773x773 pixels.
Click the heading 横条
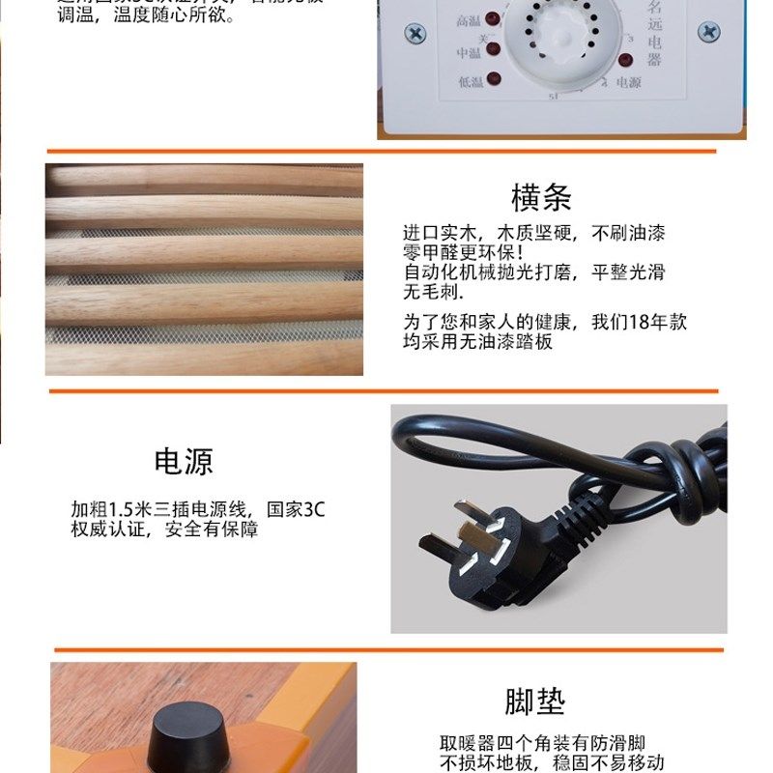point(541,198)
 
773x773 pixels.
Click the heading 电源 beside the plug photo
point(184,461)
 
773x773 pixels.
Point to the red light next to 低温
point(494,80)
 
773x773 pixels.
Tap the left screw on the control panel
point(415,33)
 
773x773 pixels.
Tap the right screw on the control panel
point(709,31)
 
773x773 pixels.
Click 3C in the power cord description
point(314,509)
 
